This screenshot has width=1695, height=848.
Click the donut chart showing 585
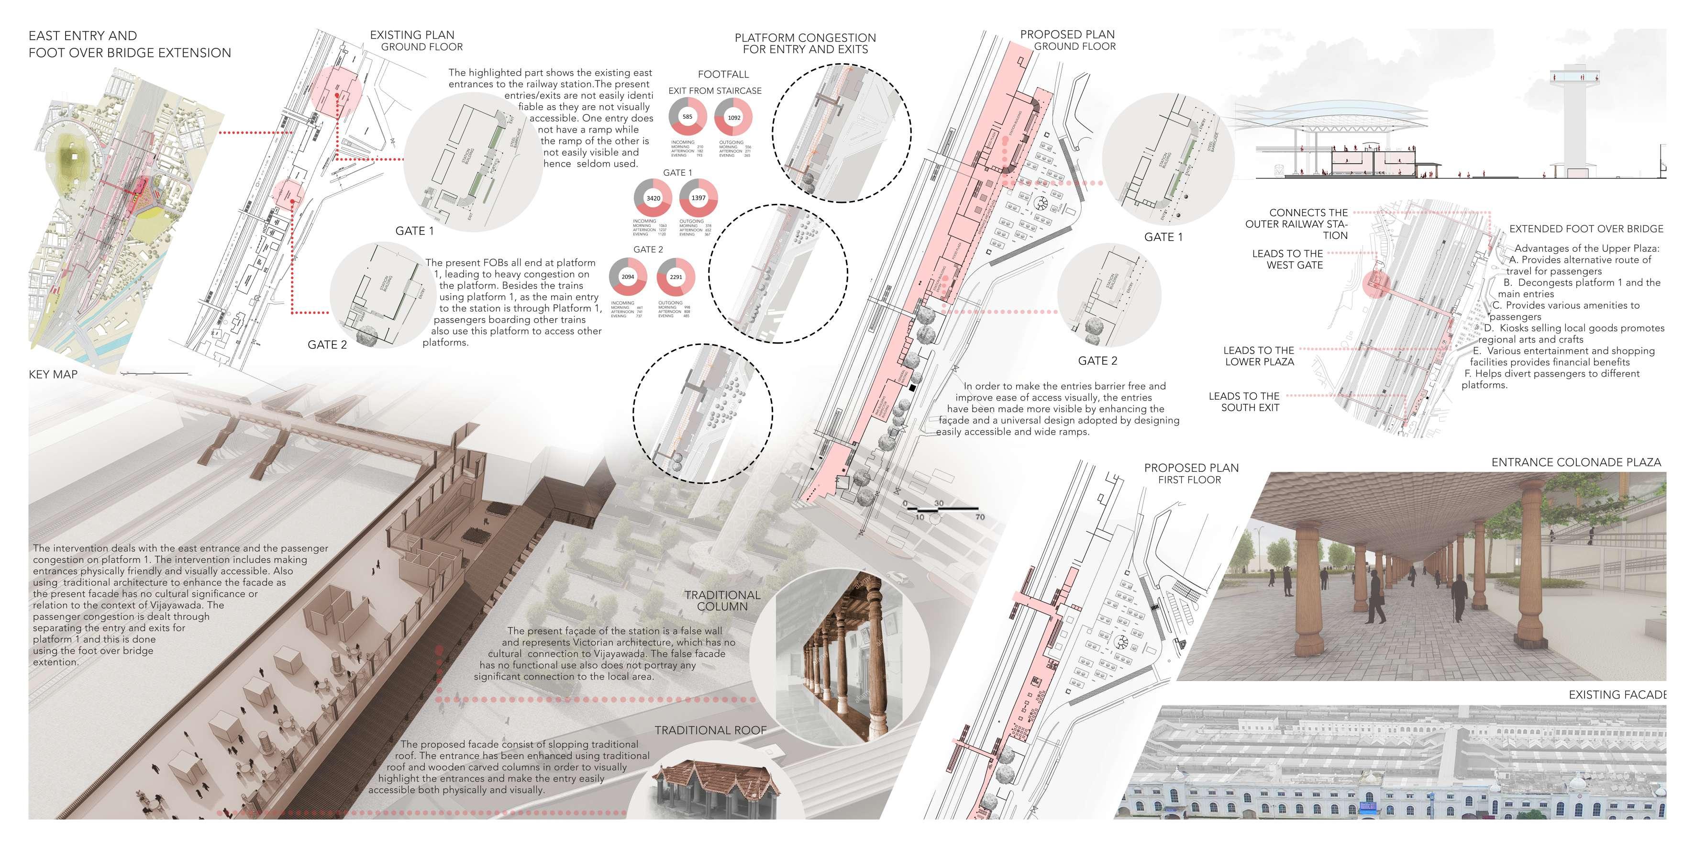coord(687,117)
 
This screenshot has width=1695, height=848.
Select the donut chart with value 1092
coord(734,118)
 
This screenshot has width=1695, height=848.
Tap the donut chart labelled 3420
coord(653,198)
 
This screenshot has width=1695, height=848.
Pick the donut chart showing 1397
coord(698,198)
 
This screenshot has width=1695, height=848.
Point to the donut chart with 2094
coord(628,277)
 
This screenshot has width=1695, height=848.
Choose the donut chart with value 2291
coord(676,277)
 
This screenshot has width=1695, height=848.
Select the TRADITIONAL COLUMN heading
coord(722,601)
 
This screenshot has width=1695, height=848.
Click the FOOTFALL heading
coord(723,74)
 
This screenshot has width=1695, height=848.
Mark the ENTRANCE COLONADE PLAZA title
coord(1576,462)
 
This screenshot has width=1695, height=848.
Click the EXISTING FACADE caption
coord(1617,694)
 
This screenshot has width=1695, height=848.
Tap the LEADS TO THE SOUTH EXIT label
coord(1244,402)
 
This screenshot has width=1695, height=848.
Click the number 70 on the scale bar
coord(980,517)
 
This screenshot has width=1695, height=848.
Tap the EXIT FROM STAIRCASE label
coord(715,91)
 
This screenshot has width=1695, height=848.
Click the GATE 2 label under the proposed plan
coord(1097,361)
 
